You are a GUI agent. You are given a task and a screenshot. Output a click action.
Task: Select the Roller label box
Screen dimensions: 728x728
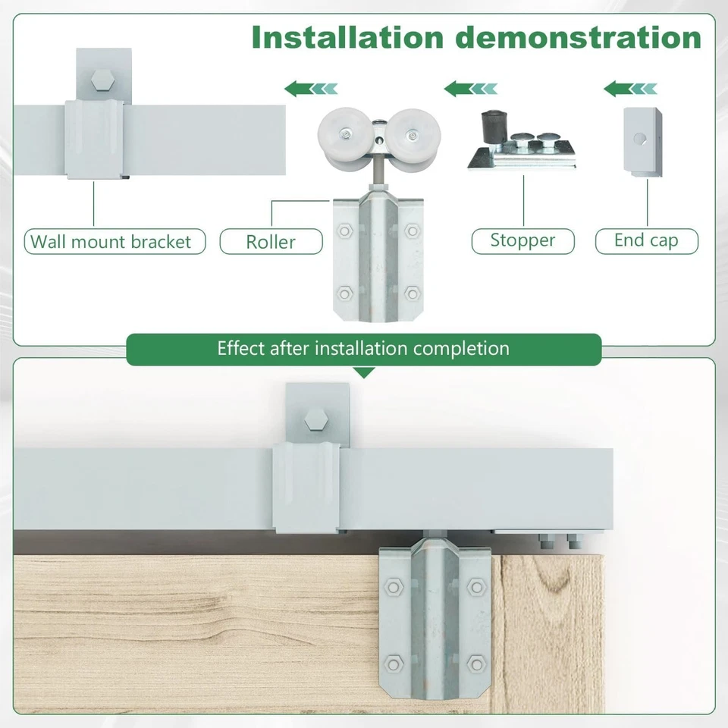tap(271, 242)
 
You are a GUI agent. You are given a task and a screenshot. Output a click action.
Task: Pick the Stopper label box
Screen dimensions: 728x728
tap(522, 241)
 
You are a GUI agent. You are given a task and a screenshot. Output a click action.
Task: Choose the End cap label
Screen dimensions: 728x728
tap(646, 241)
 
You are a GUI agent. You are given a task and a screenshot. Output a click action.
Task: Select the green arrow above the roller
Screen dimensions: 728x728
tap(312, 89)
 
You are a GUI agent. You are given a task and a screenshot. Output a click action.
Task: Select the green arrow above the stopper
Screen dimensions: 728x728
tap(471, 89)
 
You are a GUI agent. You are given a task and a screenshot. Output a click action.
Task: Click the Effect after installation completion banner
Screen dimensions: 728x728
tap(363, 349)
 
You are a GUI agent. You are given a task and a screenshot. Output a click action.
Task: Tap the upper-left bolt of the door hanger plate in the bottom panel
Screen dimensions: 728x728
tap(393, 585)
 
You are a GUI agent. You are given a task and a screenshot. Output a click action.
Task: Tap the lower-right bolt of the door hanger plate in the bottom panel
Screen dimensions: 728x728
tap(476, 665)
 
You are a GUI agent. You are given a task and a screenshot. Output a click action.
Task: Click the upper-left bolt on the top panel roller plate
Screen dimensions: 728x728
tap(346, 230)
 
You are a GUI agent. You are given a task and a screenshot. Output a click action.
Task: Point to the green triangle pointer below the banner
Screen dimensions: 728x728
tap(364, 372)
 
